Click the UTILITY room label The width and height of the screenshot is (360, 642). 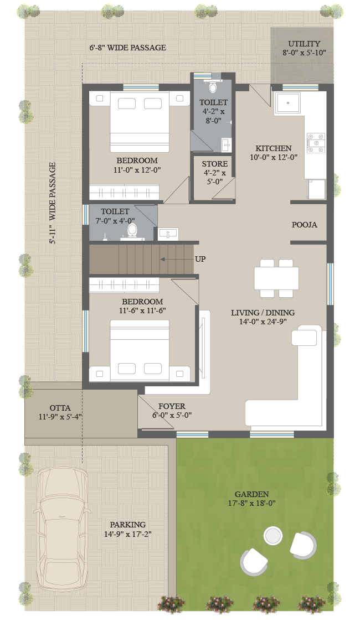[x=304, y=44]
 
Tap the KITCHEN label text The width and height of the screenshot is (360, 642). [x=274, y=148]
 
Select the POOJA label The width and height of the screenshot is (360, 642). [x=304, y=225]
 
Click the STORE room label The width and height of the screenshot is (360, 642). [x=214, y=164]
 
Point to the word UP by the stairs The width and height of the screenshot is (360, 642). [x=200, y=259]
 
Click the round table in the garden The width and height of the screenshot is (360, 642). [x=272, y=536]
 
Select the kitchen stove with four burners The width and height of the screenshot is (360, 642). [x=316, y=142]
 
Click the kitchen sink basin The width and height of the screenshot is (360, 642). [x=288, y=103]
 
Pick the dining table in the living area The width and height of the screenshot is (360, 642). [x=276, y=278]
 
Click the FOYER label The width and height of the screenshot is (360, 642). [x=172, y=406]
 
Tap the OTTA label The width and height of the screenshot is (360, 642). [x=60, y=408]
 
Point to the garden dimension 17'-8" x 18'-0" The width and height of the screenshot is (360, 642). [x=252, y=503]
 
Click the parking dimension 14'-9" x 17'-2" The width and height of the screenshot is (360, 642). [x=128, y=534]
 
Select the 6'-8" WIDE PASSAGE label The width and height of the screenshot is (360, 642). [x=128, y=48]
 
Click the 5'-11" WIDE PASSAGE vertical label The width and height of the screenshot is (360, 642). [x=53, y=203]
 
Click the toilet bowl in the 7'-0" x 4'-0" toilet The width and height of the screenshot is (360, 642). [x=132, y=230]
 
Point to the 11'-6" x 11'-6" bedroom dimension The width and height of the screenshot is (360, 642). [x=142, y=311]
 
